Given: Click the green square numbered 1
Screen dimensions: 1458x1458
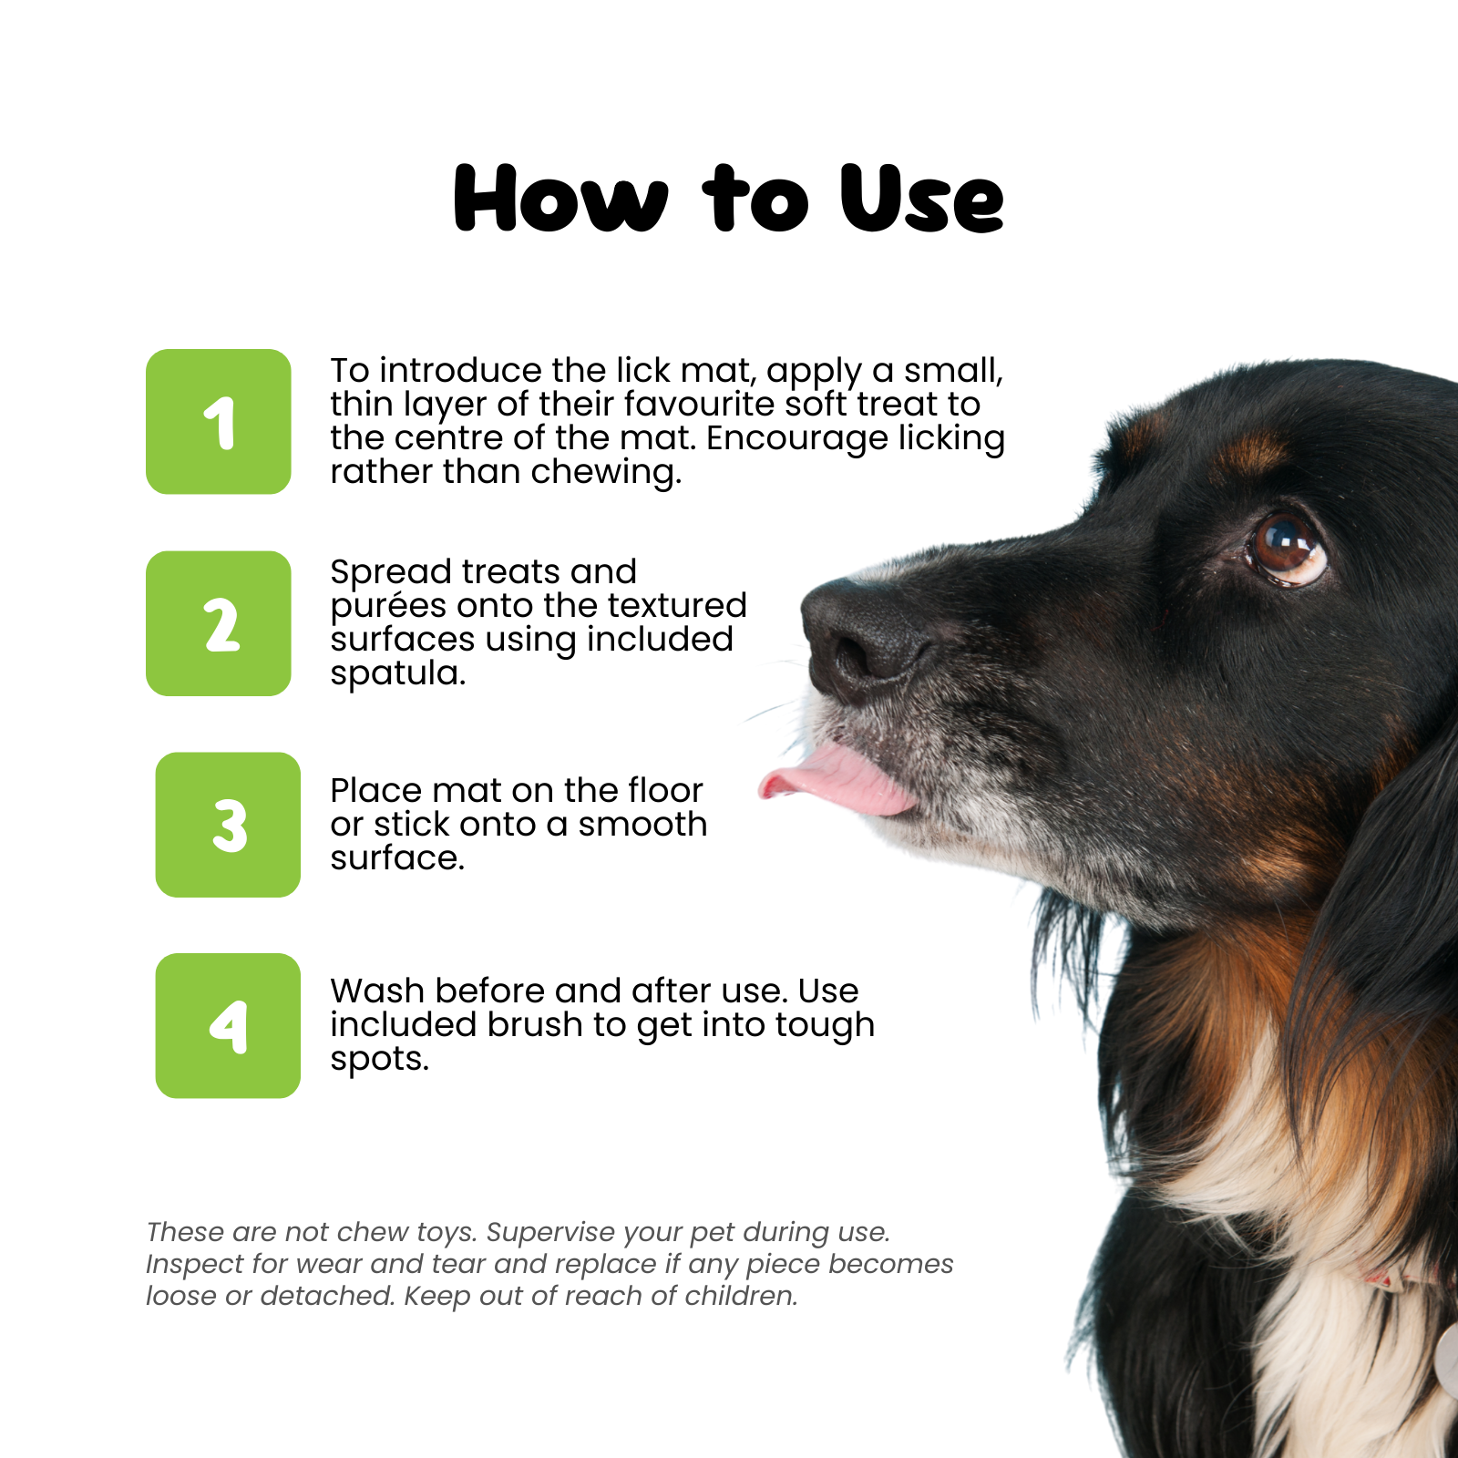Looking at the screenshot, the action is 219,422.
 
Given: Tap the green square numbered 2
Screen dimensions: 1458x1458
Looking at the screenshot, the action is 219,623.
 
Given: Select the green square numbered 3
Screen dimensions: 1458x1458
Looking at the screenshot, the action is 228,825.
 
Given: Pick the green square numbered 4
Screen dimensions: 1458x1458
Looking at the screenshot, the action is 228,1026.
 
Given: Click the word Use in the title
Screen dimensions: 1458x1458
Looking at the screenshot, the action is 921,199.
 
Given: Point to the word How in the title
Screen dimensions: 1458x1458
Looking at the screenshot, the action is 561,199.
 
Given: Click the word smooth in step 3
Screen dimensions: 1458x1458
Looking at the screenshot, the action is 642,824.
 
